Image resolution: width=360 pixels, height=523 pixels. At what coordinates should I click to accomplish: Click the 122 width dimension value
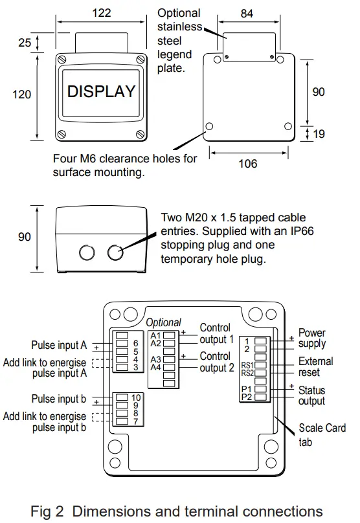point(101,12)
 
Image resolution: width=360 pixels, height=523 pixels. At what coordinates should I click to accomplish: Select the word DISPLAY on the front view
point(102,91)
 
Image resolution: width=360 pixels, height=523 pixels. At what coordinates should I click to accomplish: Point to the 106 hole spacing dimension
point(247,164)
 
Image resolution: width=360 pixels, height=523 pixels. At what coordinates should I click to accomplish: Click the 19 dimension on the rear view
point(319,133)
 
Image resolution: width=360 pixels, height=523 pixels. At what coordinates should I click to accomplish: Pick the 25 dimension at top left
point(24,43)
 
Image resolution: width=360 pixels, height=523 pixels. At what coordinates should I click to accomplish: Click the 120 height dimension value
point(21,95)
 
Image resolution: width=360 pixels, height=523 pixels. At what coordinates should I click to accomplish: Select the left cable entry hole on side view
point(86,252)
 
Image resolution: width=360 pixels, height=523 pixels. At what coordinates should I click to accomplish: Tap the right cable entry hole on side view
point(115,252)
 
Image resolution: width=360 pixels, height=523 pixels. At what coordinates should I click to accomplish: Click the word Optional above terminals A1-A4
point(163,322)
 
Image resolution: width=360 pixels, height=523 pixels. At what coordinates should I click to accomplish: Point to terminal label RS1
point(247,365)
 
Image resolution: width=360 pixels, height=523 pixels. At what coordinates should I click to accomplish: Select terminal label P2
point(246,397)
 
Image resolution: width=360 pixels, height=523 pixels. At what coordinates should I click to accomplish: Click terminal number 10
point(135,397)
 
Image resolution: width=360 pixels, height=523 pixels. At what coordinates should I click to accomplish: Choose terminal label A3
point(155,359)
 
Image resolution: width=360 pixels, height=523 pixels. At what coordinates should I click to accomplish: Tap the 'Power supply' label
point(311,339)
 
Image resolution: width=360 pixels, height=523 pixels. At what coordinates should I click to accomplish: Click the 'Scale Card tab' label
point(322,435)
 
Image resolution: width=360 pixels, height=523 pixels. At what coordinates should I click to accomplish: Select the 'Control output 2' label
point(216,362)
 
